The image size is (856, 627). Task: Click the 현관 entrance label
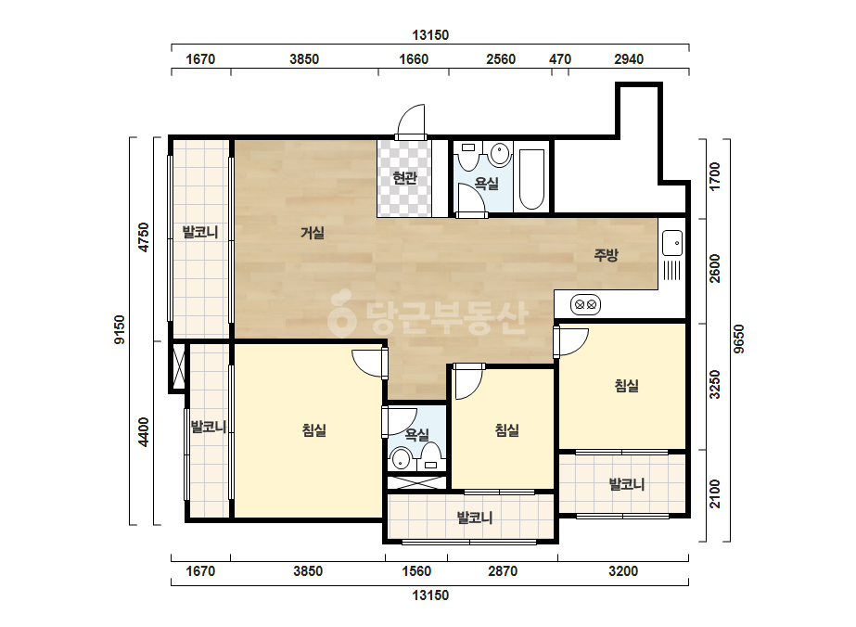404,177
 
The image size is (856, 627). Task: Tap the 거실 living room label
313,233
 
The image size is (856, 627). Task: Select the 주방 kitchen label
606,254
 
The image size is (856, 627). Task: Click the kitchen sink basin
672,242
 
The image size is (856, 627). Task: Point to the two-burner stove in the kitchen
586,304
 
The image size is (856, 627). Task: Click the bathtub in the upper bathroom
531,179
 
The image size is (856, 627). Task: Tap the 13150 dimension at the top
430,35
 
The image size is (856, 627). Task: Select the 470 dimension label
559,59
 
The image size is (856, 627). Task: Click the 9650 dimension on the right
738,339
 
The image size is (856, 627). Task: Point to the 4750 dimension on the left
143,237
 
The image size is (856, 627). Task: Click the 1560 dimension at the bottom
416,571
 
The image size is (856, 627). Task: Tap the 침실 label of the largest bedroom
313,430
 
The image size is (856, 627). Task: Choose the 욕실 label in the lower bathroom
416,435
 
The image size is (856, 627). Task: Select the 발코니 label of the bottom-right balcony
627,484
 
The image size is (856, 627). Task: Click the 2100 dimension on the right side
715,493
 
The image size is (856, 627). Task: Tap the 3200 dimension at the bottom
623,571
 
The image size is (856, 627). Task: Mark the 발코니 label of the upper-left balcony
200,232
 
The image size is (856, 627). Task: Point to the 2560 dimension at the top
501,59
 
